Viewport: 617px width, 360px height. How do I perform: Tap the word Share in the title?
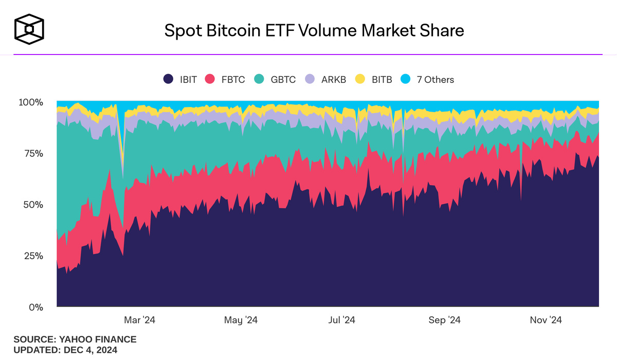pyautogui.click(x=441, y=30)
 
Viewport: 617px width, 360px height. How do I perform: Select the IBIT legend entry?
pyautogui.click(x=179, y=79)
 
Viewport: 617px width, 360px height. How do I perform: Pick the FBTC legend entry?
pyautogui.click(x=225, y=79)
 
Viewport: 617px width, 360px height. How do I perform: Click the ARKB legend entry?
pyautogui.click(x=326, y=79)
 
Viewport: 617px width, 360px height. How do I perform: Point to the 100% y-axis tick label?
pyautogui.click(x=31, y=102)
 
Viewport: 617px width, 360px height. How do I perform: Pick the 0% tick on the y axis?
pyautogui.click(x=35, y=307)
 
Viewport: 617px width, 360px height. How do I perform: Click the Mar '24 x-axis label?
pyautogui.click(x=139, y=320)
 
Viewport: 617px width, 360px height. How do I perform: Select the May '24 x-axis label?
pyautogui.click(x=241, y=320)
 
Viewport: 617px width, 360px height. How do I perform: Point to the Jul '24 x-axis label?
pyautogui.click(x=341, y=320)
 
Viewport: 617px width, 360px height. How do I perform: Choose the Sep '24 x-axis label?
pyautogui.click(x=444, y=320)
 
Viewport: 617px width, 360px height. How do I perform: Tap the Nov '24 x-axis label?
pyautogui.click(x=546, y=320)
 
